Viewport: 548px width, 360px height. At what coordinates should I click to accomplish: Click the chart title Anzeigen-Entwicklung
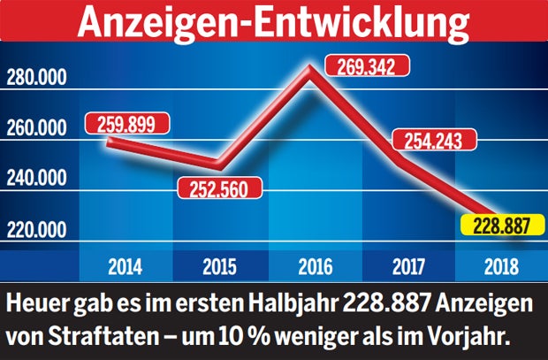274,21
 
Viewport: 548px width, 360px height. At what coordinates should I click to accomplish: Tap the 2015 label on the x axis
217,264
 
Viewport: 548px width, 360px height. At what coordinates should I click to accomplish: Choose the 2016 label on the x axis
309,264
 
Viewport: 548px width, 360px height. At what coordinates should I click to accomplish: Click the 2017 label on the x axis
402,264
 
